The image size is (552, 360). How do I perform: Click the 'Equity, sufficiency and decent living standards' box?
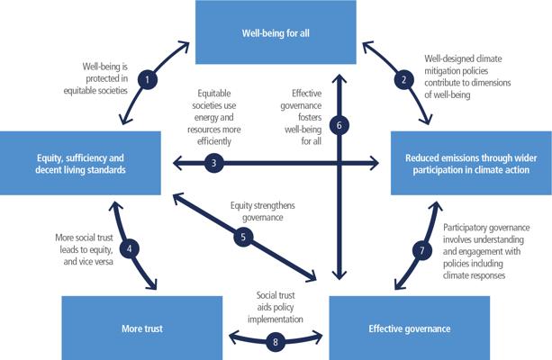[80, 162]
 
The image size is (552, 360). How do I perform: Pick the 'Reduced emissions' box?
[471, 162]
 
